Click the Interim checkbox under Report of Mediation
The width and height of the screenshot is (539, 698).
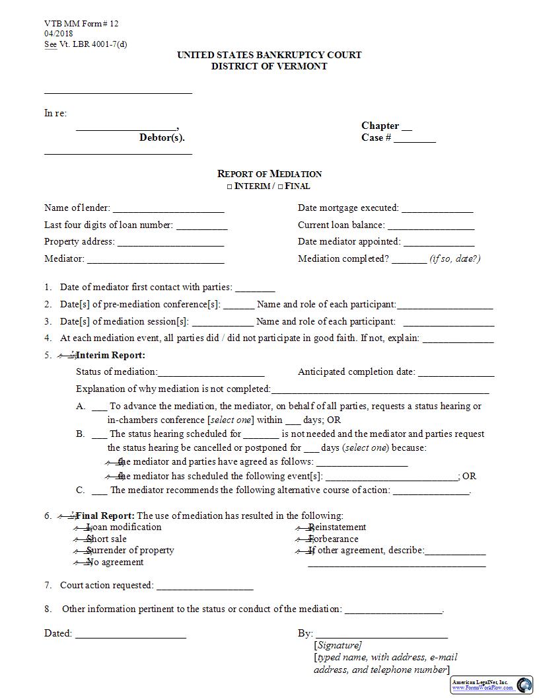[230, 187]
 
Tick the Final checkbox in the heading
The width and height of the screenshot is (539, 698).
[280, 187]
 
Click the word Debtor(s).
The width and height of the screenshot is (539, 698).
[162, 137]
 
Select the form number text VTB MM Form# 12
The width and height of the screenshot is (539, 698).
[81, 24]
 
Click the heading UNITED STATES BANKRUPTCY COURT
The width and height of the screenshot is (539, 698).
[269, 55]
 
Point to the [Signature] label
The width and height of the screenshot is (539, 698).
[338, 645]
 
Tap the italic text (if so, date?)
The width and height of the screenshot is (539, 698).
[455, 258]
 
